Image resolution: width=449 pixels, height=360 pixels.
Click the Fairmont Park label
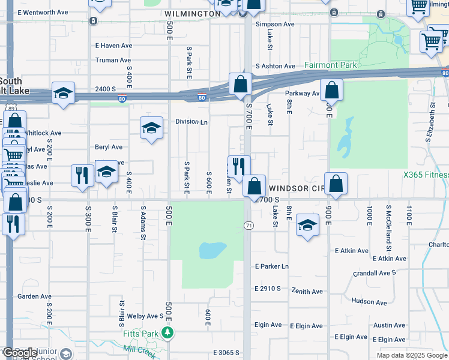tap(330, 65)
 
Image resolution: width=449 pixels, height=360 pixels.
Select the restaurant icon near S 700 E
tap(239, 166)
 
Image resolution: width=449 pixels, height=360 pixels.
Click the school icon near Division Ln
tap(152, 127)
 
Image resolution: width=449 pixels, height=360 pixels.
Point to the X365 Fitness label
tap(426, 175)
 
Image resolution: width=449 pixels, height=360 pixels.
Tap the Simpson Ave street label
tap(275, 25)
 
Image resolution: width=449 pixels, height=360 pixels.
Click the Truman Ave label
tap(113, 60)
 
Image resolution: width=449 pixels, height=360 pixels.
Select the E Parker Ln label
tap(272, 266)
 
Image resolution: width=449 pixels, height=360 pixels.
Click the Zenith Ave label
tap(306, 292)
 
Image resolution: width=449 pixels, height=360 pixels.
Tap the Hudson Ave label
tap(369, 301)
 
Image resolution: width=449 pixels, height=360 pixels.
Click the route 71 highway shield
tap(247, 224)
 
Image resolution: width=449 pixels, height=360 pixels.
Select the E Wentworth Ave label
tap(43, 12)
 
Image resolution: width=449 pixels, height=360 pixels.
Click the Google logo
tap(19, 353)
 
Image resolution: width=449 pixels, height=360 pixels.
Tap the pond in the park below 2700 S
tap(212, 250)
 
